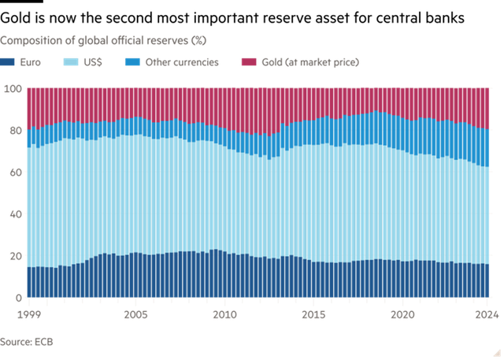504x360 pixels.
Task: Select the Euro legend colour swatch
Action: [7, 61]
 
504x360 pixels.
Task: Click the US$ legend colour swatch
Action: [71, 61]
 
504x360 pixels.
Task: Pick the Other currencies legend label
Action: [182, 62]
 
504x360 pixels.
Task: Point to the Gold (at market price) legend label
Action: [310, 62]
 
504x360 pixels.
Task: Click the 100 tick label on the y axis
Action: [13, 88]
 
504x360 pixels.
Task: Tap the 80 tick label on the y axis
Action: [16, 131]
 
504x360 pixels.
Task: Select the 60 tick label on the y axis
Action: [16, 173]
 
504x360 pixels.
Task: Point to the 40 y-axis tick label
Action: [16, 214]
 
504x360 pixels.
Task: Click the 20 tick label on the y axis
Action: [16, 256]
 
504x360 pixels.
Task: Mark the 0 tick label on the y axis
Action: [19, 298]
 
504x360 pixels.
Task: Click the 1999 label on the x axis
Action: [29, 314]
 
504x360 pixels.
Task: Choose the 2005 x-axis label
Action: [135, 314]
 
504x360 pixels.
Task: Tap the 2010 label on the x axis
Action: [224, 314]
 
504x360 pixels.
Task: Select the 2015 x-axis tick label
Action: [313, 314]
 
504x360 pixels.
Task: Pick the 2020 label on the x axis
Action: [402, 314]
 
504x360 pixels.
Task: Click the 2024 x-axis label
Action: [487, 314]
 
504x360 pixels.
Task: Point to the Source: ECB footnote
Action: [26, 342]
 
